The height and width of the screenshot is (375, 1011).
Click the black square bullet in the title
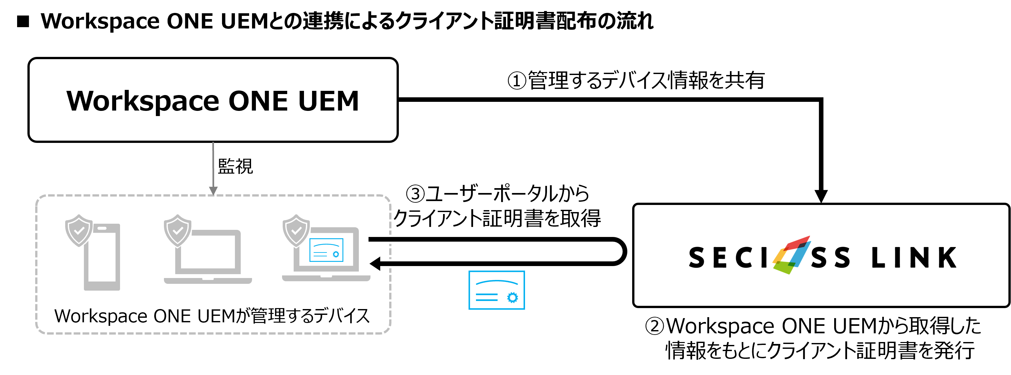23,22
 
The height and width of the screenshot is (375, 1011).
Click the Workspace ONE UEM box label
213,101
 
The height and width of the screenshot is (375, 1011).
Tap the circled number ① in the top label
517,81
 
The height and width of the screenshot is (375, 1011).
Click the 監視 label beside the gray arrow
235,166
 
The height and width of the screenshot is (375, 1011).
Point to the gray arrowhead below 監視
213,191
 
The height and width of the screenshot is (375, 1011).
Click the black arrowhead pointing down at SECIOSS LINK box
821,196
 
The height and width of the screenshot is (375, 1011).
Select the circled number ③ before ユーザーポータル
415,194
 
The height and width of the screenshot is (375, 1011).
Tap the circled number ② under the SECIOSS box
655,326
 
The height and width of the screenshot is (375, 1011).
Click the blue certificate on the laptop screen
326,250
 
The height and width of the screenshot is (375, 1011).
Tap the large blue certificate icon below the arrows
497,290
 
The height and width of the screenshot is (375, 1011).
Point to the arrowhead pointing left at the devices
376,263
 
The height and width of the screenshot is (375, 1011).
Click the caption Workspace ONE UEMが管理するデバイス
212,316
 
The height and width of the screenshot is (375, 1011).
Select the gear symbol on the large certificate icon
512,297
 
